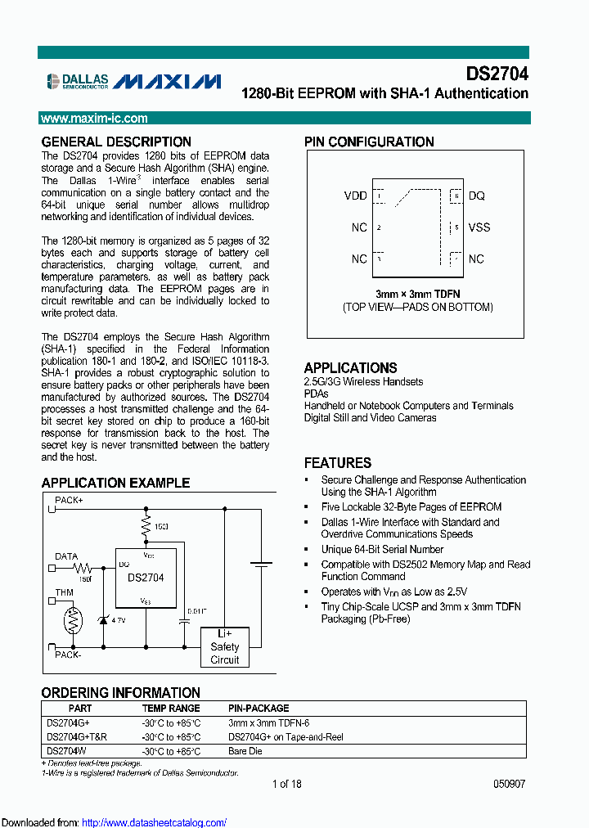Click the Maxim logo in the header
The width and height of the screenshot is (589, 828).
coord(167,80)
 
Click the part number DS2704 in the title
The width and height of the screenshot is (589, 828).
coord(497,74)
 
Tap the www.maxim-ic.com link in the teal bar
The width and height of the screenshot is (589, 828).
coord(95,119)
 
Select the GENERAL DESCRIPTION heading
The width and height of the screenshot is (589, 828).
coord(116,142)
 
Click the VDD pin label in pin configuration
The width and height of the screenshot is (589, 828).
coord(355,196)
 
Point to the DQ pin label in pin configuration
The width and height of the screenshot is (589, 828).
coord(476,196)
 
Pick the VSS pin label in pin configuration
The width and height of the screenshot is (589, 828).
coord(479,227)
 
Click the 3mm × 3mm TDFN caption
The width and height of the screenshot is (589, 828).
coord(417,293)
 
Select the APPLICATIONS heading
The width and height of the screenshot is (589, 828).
coord(350,367)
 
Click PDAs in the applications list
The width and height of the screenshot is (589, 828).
coord(316,394)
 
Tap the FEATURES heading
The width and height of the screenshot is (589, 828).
coord(337,462)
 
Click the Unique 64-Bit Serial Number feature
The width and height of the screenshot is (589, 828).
coord(382,549)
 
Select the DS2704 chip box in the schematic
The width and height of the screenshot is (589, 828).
coord(145,578)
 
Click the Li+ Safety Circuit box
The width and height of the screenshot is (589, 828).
coord(225,646)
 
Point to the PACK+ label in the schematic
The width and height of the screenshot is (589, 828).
coord(69,498)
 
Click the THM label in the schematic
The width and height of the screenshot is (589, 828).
coord(64,593)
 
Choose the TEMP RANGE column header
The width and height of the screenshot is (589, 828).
coord(170,708)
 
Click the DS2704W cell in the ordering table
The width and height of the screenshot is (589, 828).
coord(66,750)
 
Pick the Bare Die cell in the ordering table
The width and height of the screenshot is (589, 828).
coord(245,750)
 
